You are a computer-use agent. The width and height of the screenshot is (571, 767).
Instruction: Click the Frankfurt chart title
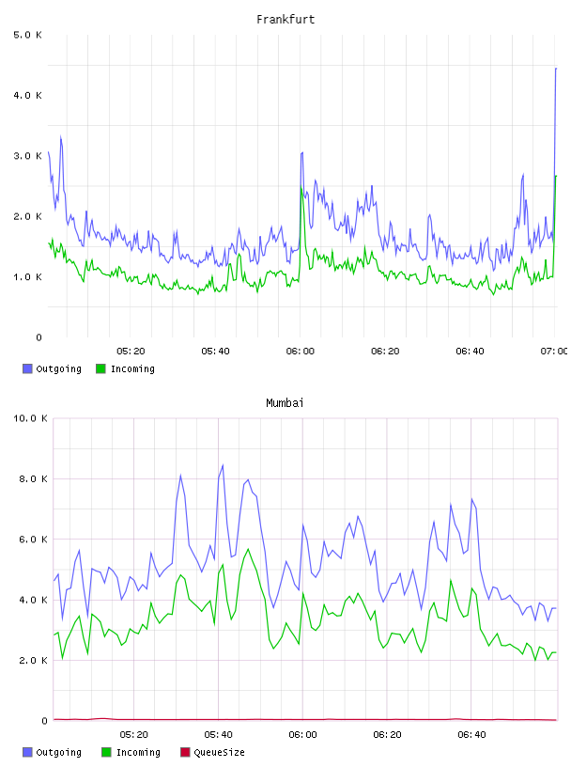tap(285, 20)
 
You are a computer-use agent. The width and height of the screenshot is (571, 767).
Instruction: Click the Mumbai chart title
tap(285, 403)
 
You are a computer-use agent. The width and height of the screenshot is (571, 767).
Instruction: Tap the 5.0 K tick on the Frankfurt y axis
tap(27, 35)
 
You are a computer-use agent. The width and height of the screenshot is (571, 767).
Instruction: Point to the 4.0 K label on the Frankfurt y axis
tap(27, 95)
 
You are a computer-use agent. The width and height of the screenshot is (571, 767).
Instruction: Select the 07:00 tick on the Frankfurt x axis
tap(554, 352)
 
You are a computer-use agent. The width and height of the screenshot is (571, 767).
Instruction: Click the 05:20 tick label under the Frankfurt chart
tap(131, 352)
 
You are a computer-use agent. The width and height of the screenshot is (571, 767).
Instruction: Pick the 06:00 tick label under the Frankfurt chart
tap(301, 352)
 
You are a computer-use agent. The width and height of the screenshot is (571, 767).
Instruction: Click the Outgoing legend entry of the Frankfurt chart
tap(52, 368)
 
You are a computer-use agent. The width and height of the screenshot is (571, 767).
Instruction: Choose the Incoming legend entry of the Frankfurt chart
tap(125, 368)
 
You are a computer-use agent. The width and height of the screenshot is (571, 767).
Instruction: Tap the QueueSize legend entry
tap(212, 752)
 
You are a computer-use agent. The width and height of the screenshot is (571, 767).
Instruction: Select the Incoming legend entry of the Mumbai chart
tap(131, 752)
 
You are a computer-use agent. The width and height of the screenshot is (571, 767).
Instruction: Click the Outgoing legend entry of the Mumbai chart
tap(52, 752)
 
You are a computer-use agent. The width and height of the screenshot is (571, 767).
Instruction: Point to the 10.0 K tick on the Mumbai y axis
tap(30, 418)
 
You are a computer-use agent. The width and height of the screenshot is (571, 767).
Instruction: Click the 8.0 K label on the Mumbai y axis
tap(33, 478)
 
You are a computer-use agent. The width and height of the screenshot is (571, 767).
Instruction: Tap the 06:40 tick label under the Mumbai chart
tap(471, 735)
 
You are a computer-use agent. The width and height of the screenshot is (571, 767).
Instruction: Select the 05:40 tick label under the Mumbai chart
tap(218, 735)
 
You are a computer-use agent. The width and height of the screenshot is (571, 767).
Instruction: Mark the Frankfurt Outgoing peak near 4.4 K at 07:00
tap(556, 69)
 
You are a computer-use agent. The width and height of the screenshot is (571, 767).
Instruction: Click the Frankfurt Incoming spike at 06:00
tap(301, 188)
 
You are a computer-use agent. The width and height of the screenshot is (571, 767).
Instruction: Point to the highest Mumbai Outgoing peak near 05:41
tap(223, 465)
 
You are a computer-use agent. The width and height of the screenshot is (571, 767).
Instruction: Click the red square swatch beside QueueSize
tap(185, 752)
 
